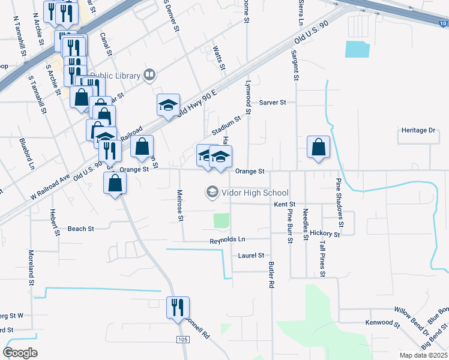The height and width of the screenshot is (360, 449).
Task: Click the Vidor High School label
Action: [x=254, y=193]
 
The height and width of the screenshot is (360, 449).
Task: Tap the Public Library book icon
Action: [x=149, y=76]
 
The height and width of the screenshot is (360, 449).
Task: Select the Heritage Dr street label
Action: [x=418, y=130]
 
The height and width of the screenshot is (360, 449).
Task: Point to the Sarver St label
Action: [x=273, y=102]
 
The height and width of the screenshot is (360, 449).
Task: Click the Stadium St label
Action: [x=226, y=125]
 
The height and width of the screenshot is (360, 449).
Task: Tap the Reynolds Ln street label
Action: [x=228, y=240]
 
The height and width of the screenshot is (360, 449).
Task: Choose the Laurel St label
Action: [x=251, y=255]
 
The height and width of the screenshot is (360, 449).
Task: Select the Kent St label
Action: [x=281, y=205]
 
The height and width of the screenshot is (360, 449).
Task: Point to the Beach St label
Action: [x=81, y=229]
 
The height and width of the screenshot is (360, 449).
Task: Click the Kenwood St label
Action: [x=384, y=324]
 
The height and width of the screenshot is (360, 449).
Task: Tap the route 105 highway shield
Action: [x=181, y=340]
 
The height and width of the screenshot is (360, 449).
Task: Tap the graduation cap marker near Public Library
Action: [x=168, y=106]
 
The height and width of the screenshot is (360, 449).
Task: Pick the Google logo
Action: [x=20, y=353]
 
